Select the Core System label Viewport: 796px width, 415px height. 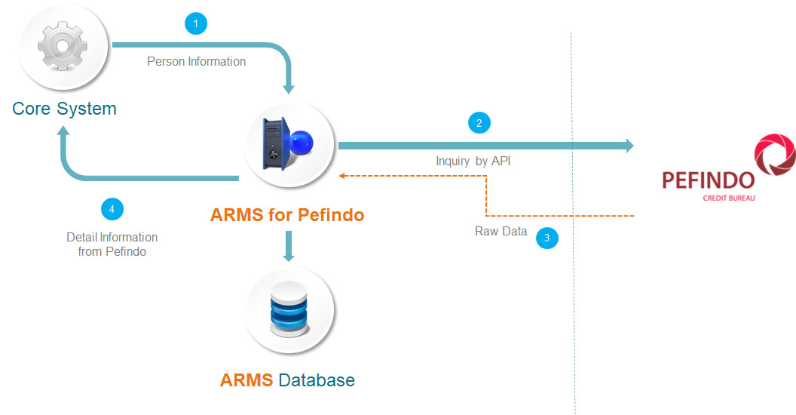pyautogui.click(x=65, y=109)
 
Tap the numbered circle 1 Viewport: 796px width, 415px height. pyautogui.click(x=196, y=24)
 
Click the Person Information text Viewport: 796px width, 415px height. pyautogui.click(x=196, y=62)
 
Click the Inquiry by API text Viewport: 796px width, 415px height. pyautogui.click(x=473, y=161)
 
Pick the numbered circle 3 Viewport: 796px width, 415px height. pyautogui.click(x=547, y=238)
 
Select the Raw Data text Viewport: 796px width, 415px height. pyautogui.click(x=501, y=232)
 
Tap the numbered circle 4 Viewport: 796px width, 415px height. pyautogui.click(x=112, y=207)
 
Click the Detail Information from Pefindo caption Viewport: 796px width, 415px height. pyautogui.click(x=112, y=244)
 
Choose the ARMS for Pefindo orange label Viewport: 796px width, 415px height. pyautogui.click(x=287, y=215)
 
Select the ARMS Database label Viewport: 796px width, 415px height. pyautogui.click(x=287, y=380)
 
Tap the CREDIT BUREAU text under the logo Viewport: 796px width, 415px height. pyautogui.click(x=728, y=198)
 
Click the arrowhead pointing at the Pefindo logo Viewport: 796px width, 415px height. pyautogui.click(x=629, y=146)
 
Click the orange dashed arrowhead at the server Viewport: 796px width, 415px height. pyautogui.click(x=341, y=177)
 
